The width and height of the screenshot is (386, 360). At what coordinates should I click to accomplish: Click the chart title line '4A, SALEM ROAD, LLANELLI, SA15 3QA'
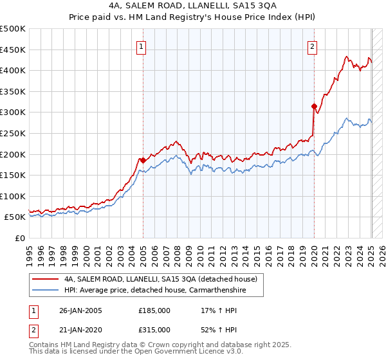[192, 5]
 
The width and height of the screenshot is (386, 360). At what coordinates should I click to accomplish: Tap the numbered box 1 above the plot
[141, 46]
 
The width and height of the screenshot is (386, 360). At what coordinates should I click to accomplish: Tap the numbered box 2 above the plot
[312, 46]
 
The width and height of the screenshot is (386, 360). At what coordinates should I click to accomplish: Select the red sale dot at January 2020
[314, 106]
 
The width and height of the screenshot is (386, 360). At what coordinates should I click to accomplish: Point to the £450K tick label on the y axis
[13, 50]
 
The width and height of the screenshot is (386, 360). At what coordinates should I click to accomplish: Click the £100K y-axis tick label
[13, 196]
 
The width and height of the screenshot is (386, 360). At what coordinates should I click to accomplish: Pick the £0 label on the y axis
[21, 238]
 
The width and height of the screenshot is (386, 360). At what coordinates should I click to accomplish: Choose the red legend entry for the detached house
[160, 279]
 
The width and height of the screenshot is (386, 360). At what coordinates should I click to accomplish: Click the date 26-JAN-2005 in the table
[80, 310]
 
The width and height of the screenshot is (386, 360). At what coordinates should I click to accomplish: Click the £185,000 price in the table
[154, 310]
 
